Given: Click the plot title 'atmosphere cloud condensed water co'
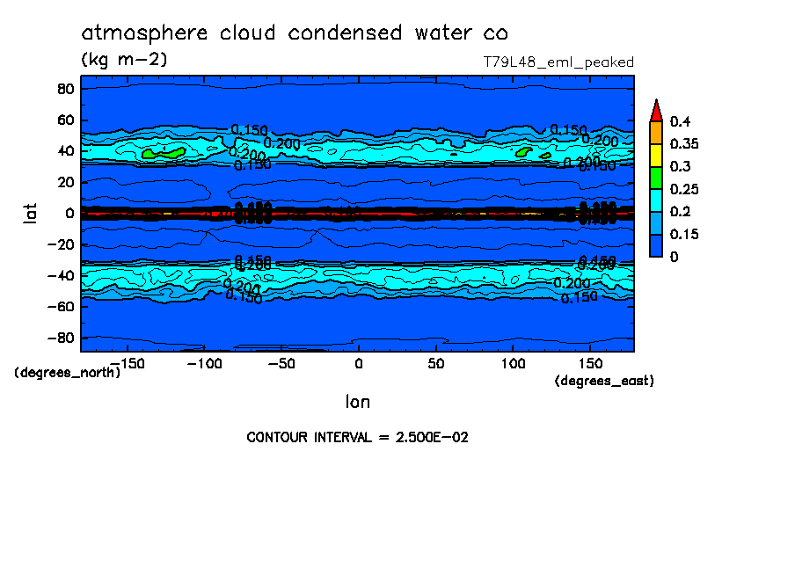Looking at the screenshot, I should pyautogui.click(x=295, y=33).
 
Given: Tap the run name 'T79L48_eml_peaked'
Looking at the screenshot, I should pyautogui.click(x=558, y=62).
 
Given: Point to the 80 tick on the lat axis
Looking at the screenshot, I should pyautogui.click(x=64, y=89).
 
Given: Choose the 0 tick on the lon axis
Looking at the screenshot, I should pyautogui.click(x=358, y=362).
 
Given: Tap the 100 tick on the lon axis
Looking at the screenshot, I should pyautogui.click(x=513, y=362).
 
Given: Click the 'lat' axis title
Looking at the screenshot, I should pyautogui.click(x=30, y=212).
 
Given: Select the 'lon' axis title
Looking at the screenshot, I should pyautogui.click(x=358, y=402).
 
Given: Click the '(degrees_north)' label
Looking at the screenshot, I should pyautogui.click(x=68, y=372).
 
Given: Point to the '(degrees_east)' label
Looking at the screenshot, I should pyautogui.click(x=604, y=381).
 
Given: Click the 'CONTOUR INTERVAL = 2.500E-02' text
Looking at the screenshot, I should pyautogui.click(x=357, y=437).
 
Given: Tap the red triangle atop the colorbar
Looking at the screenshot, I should pyautogui.click(x=655, y=110).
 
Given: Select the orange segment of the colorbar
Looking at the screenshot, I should pyautogui.click(x=655, y=132).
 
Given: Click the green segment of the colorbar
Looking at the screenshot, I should pyautogui.click(x=655, y=178).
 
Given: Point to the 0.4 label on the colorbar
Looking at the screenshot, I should pyautogui.click(x=679, y=121).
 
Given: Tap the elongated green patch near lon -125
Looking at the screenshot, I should pyautogui.click(x=164, y=153).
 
